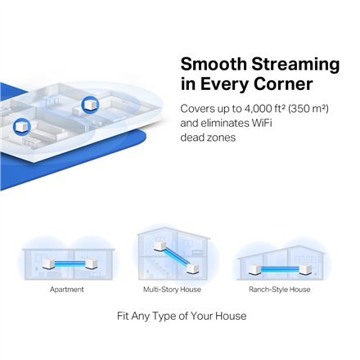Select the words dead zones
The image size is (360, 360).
point(208,137)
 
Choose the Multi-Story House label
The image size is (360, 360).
point(172,290)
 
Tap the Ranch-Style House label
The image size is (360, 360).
point(279,290)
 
